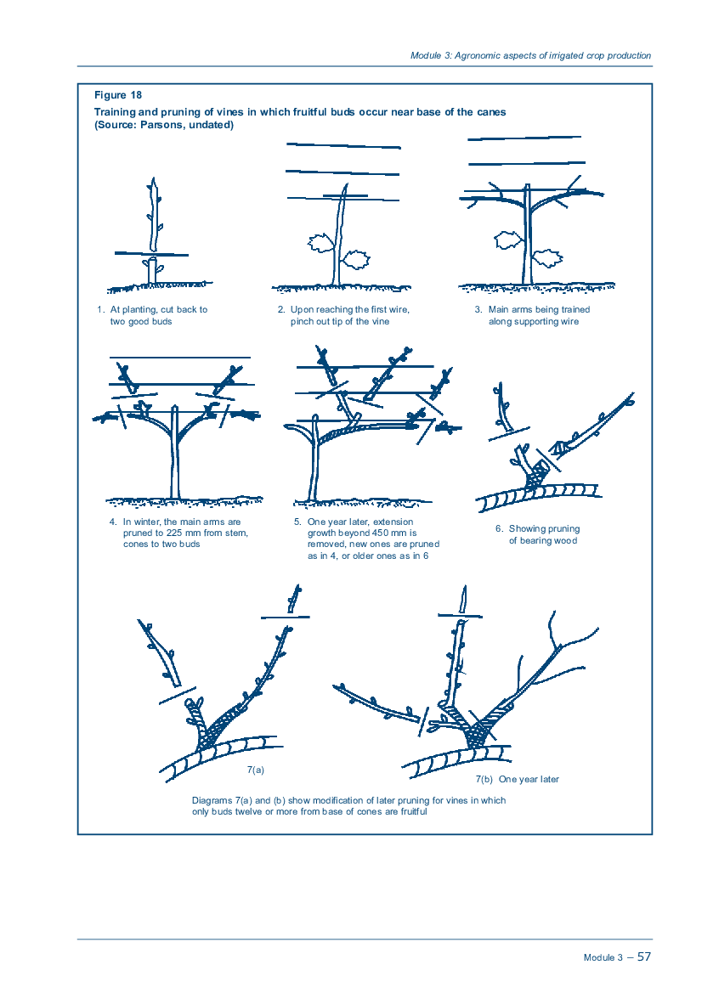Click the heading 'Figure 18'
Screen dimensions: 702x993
coord(118,95)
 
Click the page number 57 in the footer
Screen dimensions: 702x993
coord(643,956)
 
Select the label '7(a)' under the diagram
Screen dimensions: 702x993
coord(255,770)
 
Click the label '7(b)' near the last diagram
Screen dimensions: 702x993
coord(484,780)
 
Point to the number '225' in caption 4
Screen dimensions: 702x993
coord(175,533)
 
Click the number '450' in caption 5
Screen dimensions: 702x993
coord(381,533)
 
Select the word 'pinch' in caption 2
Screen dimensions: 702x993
coord(303,322)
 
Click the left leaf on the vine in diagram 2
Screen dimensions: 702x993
coord(320,243)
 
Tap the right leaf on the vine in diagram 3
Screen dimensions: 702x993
coord(547,258)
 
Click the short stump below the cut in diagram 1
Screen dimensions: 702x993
coord(152,271)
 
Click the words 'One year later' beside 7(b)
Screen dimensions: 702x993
coord(529,780)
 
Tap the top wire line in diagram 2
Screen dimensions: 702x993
coord(343,145)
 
